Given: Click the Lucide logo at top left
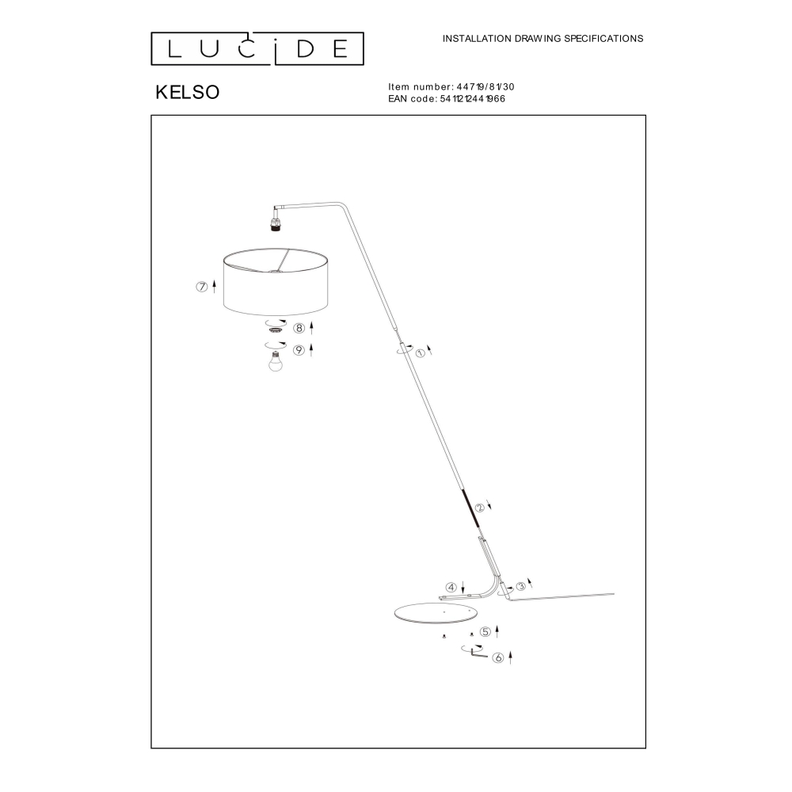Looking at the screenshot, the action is click(x=257, y=49).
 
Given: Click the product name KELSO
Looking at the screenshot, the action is click(x=188, y=93).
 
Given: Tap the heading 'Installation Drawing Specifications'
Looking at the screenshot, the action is click(x=543, y=38).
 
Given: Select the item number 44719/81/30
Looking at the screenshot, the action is click(x=485, y=87).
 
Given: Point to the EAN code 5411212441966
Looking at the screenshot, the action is click(x=472, y=99).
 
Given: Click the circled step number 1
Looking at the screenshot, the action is click(x=421, y=353).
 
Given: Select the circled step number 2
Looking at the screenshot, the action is click(x=479, y=508).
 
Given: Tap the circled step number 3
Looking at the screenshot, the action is click(x=520, y=586).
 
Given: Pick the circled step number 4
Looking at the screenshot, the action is click(x=451, y=588).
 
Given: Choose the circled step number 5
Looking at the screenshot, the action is click(x=485, y=632).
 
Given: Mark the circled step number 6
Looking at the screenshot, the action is click(x=498, y=657).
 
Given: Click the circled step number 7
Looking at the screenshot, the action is click(x=201, y=287).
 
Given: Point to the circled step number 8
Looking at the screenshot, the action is click(x=299, y=329).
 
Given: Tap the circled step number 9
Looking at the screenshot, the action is click(x=299, y=350).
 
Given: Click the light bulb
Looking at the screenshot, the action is click(x=276, y=362).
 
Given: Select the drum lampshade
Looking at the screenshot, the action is click(x=276, y=281).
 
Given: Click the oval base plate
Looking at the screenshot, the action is click(x=436, y=614).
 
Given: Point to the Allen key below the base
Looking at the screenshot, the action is click(x=478, y=654).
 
